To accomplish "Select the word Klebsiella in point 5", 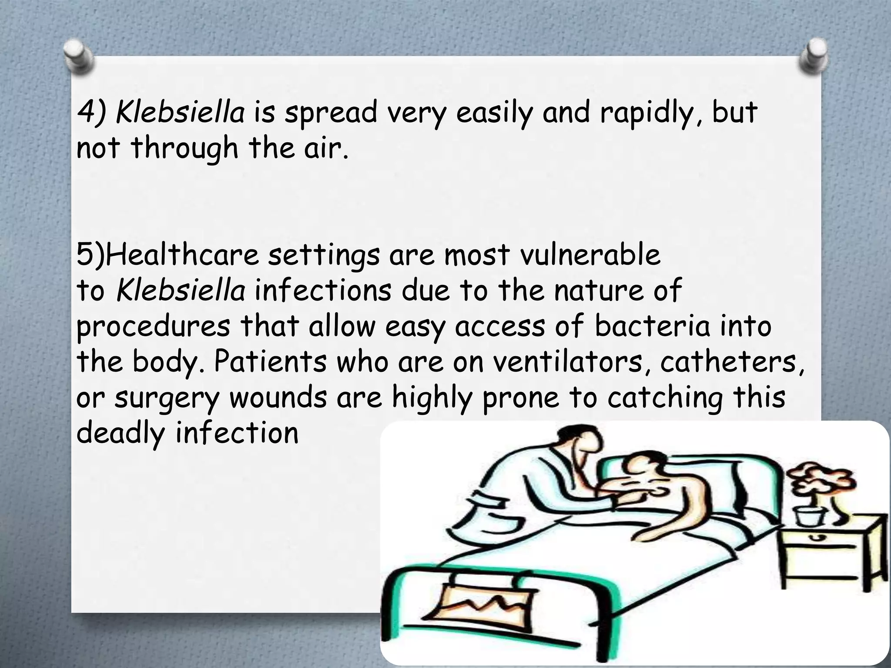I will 181,291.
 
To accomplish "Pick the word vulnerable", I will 590,255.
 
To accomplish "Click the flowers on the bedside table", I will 818,483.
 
